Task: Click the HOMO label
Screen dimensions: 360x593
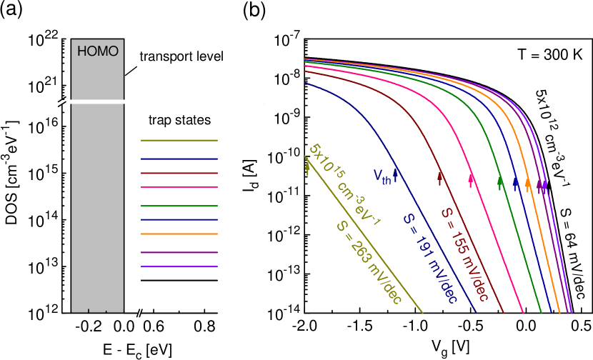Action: coord(97,51)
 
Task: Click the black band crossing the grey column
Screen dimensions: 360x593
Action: coord(97,101)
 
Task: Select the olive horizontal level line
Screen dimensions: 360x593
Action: coord(179,140)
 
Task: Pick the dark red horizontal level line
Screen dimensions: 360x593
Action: coord(179,173)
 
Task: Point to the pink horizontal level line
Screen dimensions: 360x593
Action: coord(179,187)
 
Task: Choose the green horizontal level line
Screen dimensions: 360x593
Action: coord(179,206)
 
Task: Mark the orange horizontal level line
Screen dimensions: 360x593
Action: coord(179,234)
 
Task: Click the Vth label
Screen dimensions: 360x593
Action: coord(382,176)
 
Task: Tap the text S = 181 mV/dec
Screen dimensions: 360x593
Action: coord(429,259)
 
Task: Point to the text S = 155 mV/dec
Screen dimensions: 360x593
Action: coord(464,254)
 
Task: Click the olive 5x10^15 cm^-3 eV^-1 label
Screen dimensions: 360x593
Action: coord(344,185)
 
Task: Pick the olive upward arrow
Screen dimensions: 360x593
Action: coord(308,167)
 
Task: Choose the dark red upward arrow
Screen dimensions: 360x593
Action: coord(441,178)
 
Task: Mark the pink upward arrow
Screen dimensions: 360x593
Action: coord(472,180)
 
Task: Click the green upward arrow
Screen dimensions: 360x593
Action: coord(500,182)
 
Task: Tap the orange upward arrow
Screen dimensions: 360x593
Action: coord(528,184)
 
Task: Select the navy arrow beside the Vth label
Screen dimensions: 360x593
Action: coord(396,174)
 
